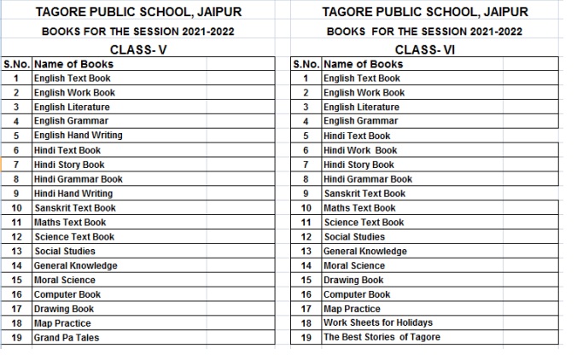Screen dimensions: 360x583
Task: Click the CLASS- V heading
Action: pos(138,49)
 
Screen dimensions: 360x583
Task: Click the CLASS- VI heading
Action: pos(425,49)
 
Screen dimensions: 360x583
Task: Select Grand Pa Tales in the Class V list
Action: pos(67,338)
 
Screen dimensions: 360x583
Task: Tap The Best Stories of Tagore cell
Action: pos(382,337)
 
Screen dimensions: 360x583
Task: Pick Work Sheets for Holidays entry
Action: pos(377,322)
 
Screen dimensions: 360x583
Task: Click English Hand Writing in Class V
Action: pos(78,136)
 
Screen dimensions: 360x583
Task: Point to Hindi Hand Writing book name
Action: pos(73,194)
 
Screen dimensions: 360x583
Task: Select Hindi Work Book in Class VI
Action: pos(360,150)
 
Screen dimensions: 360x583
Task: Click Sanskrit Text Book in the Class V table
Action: pos(75,208)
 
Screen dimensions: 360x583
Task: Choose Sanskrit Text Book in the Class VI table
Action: pos(364,194)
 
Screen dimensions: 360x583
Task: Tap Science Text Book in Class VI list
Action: pos(364,223)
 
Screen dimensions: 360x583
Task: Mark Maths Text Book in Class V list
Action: pos(70,223)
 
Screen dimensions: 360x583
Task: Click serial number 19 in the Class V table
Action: pos(16,338)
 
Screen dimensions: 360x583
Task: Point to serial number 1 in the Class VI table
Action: pos(306,78)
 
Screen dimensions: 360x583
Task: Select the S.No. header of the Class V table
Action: pos(17,64)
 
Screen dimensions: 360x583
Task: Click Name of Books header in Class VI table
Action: pos(364,64)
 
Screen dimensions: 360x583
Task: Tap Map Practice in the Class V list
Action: pos(62,323)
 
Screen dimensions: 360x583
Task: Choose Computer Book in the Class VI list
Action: pos(357,294)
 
